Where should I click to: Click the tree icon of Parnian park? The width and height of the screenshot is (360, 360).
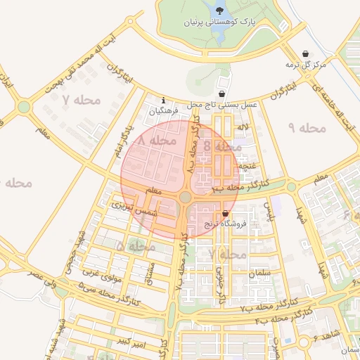[x=221, y=11]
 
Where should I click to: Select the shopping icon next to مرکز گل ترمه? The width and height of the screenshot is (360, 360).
[x=305, y=54]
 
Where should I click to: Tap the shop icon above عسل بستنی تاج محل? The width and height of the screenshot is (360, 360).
[x=222, y=94]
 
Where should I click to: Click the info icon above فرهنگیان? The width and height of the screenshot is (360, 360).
[x=164, y=100]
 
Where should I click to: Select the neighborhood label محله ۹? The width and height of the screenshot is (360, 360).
[x=307, y=128]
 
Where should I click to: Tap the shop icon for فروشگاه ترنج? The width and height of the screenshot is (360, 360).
[x=225, y=213]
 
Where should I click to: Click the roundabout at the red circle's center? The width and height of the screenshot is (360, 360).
[x=186, y=198]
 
